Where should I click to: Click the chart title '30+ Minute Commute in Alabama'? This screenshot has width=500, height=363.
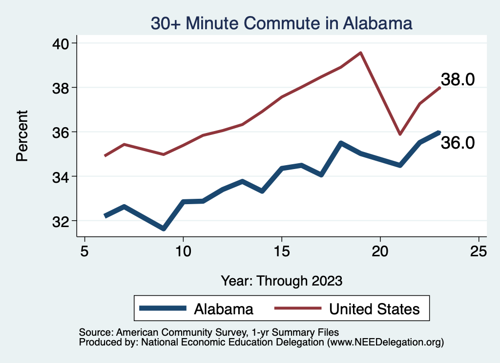[282, 23]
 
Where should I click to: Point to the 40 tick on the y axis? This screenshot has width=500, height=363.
[61, 43]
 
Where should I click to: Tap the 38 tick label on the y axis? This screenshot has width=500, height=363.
[61, 88]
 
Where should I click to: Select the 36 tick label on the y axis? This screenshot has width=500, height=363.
[61, 132]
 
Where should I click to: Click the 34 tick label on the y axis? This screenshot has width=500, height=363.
[61, 176]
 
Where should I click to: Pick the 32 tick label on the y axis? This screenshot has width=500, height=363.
[61, 221]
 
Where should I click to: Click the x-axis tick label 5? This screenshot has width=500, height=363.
[85, 251]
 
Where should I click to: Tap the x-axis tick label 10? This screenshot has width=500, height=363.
[183, 251]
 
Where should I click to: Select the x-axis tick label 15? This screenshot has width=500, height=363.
[282, 251]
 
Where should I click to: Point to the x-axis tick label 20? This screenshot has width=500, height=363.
[380, 251]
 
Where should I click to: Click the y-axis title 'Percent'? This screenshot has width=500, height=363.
[22, 136]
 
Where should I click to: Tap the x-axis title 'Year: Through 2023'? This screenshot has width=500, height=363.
[282, 281]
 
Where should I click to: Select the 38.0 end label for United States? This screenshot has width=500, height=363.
[458, 79]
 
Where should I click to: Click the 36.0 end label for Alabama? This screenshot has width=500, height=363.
[458, 143]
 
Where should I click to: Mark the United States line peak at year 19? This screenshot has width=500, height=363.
[360, 53]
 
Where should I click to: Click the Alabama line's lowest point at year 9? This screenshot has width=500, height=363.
[164, 229]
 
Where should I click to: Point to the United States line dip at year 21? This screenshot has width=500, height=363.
[400, 134]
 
